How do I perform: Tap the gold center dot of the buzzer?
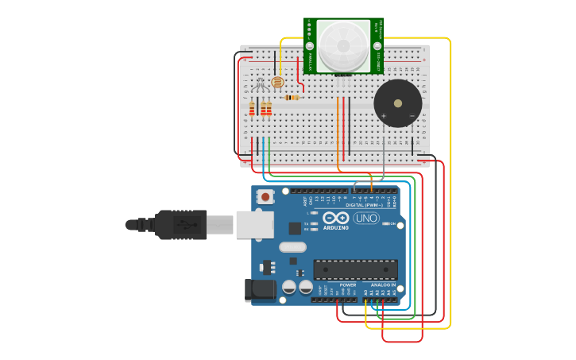(397, 103)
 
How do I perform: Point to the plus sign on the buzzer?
(383, 116)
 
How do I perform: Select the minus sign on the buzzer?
(412, 116)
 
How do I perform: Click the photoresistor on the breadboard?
(276, 82)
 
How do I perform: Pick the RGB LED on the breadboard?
(261, 83)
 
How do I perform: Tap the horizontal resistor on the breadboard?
(292, 98)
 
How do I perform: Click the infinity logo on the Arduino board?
(336, 218)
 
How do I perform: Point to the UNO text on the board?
(366, 218)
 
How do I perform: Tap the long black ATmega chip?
(355, 269)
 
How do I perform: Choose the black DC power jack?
(260, 290)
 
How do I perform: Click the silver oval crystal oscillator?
(292, 246)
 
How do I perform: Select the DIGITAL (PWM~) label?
(364, 205)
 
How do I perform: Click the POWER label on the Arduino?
(348, 285)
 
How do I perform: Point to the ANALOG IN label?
(382, 285)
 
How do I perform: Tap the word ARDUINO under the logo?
(336, 228)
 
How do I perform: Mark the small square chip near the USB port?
(295, 228)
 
